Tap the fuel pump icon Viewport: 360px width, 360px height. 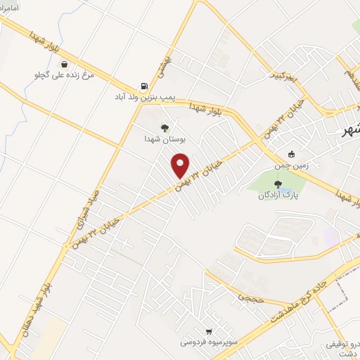[144, 86]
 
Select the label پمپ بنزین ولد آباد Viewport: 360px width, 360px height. [145, 97]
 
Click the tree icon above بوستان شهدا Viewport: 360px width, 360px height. [165, 128]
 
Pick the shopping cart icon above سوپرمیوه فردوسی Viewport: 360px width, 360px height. [208, 330]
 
